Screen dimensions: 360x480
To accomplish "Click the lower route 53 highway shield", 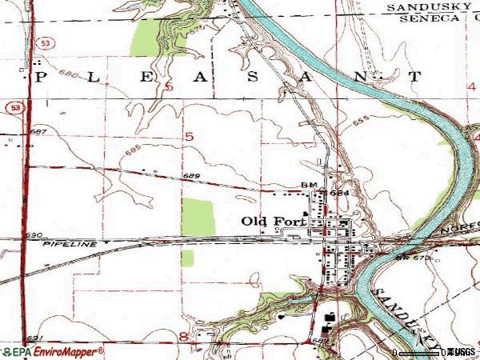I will tap(14, 106).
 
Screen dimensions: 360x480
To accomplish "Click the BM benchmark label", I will tap(310, 186).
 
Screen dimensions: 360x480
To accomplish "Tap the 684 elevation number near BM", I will tap(338, 192).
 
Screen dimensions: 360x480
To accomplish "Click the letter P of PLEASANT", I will tap(38, 78).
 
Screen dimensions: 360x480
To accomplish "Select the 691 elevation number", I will tap(32, 337).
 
